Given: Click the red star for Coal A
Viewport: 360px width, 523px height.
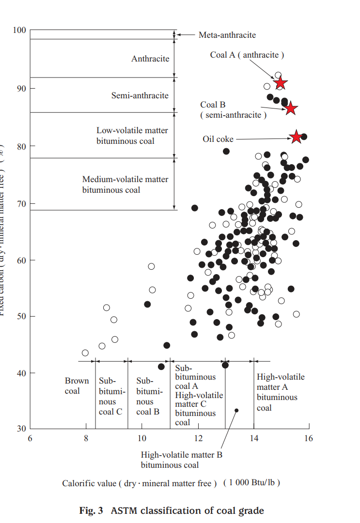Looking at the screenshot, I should point(280,83).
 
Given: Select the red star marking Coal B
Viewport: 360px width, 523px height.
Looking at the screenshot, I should point(291,108).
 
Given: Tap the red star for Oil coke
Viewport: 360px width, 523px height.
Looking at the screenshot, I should point(296,137).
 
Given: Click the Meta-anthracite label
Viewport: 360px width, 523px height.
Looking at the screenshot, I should point(227,35).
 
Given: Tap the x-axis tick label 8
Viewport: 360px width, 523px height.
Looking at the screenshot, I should point(86,439).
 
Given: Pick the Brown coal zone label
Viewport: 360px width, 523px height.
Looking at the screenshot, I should point(77,386).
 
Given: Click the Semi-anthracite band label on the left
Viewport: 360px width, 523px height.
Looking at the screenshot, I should point(140,95).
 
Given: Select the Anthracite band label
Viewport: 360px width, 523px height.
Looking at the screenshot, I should point(150,59).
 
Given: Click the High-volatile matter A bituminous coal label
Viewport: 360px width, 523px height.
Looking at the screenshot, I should point(280,392).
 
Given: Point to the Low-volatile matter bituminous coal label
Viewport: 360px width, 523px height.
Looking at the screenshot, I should point(132,136).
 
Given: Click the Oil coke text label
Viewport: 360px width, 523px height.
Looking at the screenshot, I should point(218,139).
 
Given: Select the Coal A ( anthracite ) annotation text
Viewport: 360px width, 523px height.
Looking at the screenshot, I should point(247,55).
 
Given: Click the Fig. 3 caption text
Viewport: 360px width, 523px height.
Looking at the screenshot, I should point(172,510).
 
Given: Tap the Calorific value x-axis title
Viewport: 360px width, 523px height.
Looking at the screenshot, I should point(171,483).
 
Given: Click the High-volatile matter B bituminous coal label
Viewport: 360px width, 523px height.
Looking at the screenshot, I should point(181,460).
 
